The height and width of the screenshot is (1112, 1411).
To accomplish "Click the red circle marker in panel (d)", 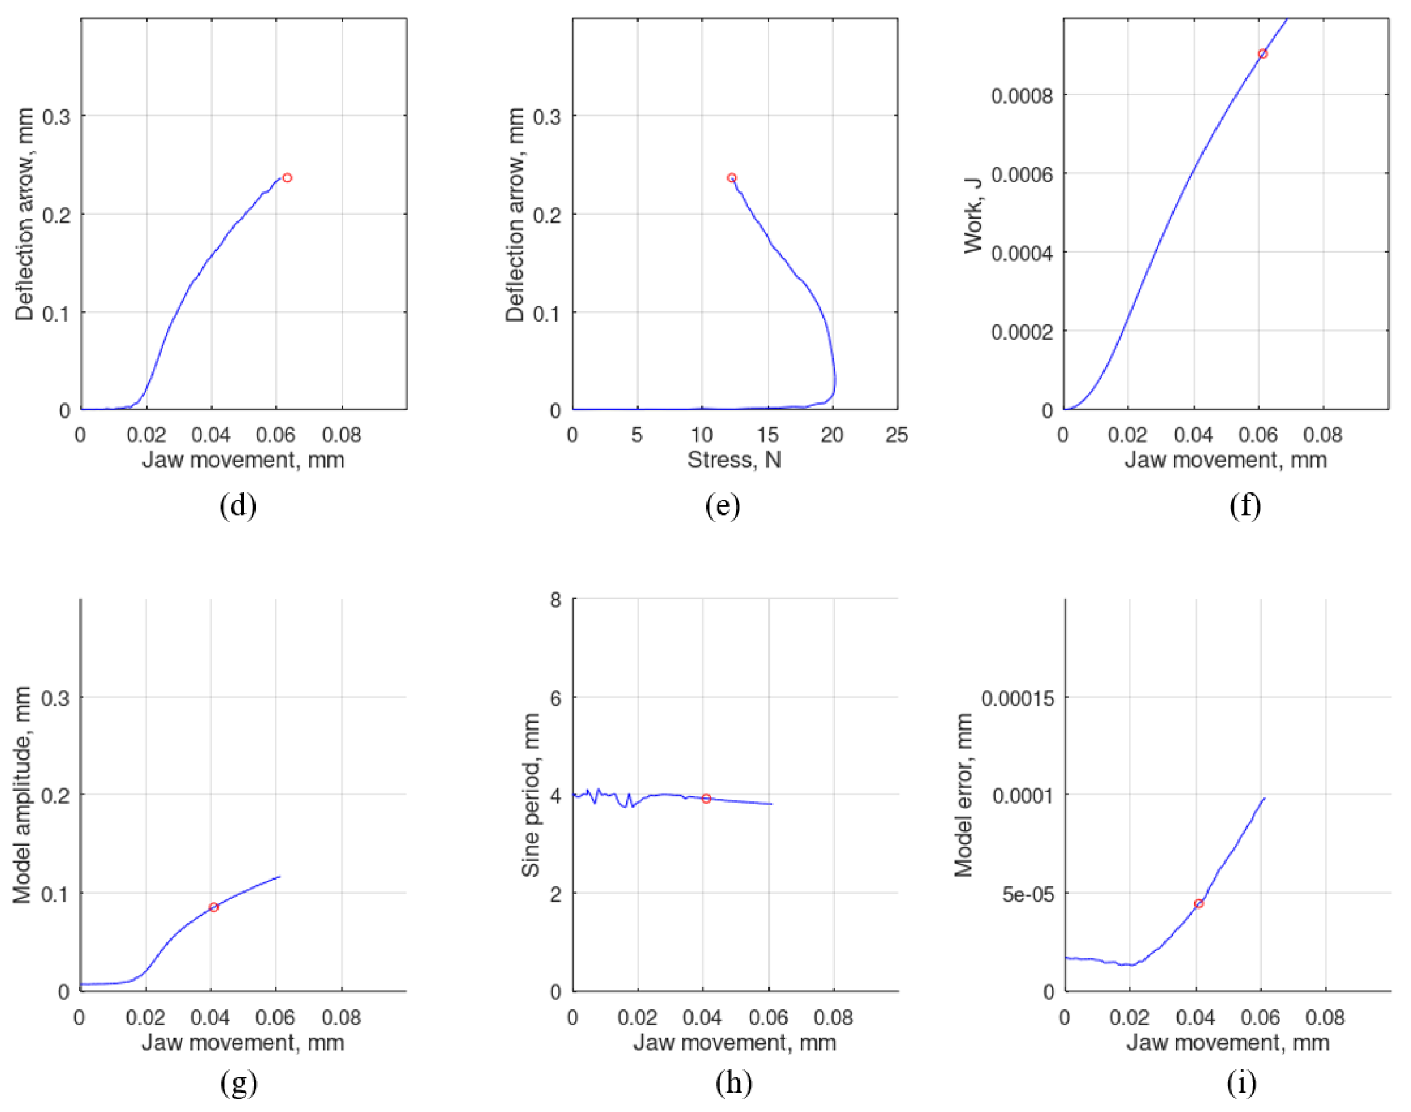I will point(287,178).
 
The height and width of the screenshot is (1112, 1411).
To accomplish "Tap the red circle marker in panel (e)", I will point(732,178).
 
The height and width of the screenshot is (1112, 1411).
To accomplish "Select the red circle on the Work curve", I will point(1263,54).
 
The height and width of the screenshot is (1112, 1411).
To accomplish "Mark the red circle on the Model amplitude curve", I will point(213,907).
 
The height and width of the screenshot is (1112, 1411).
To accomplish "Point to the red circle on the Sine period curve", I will point(706,798).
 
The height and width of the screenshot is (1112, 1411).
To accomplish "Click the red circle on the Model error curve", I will point(1199,904).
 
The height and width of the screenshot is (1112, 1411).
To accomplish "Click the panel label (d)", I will point(238,506).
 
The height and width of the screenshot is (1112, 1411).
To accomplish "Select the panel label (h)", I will point(734,1083).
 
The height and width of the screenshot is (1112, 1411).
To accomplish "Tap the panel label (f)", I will point(1245,506).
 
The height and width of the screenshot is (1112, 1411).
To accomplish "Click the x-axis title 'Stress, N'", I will point(734,459).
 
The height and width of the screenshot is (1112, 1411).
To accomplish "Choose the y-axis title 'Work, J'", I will point(973,215).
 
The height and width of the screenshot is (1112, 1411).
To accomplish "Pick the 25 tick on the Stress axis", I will point(897,435).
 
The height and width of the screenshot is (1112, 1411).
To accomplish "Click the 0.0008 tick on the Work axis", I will point(1022,97).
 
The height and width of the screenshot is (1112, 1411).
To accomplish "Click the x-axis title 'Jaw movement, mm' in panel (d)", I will point(243,459).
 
